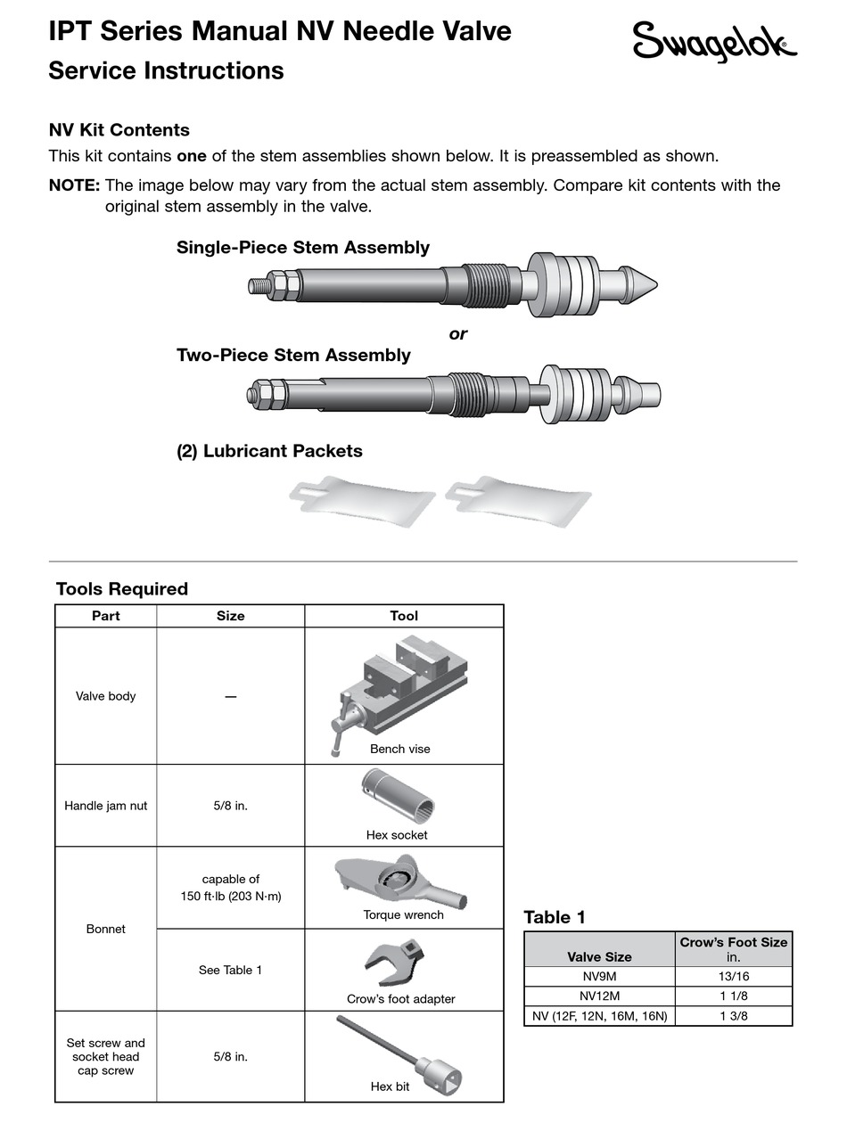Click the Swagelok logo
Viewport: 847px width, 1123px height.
pyautogui.click(x=714, y=42)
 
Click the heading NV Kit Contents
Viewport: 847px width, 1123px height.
pyautogui.click(x=119, y=130)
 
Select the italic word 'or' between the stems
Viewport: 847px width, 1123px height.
pyautogui.click(x=457, y=334)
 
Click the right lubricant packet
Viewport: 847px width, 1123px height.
pyautogui.click(x=518, y=499)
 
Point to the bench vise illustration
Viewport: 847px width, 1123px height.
pyautogui.click(x=400, y=687)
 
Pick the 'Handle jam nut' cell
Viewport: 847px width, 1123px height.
pyautogui.click(x=106, y=806)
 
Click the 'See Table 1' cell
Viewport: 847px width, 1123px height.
pyautogui.click(x=230, y=970)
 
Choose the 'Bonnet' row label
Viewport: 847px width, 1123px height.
pyautogui.click(x=106, y=929)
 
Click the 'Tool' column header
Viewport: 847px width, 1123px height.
pyautogui.click(x=403, y=616)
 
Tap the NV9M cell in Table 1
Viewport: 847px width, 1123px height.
pyautogui.click(x=599, y=977)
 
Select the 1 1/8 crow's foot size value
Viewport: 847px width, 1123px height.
pyautogui.click(x=734, y=996)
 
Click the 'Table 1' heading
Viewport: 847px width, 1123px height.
pyautogui.click(x=555, y=917)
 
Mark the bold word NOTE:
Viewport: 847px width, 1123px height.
pyautogui.click(x=74, y=185)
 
